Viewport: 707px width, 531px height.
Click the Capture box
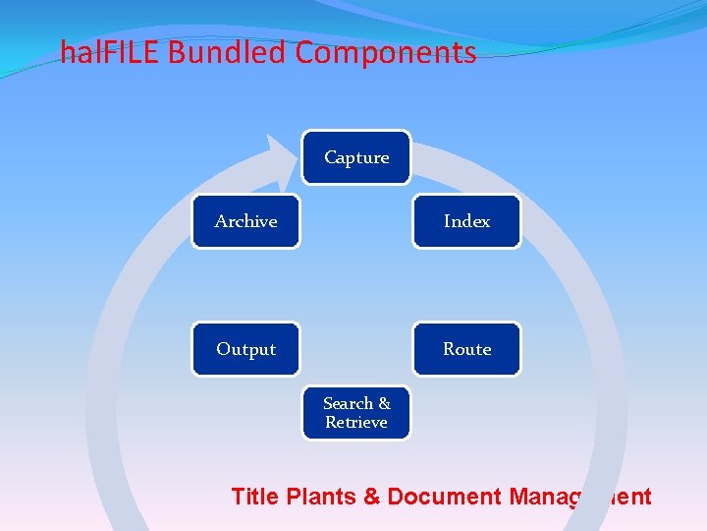[356, 157]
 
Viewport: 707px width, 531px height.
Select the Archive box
[245, 221]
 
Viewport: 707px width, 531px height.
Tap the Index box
[466, 221]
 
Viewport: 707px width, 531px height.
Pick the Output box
[245, 349]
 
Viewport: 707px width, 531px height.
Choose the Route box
[466, 349]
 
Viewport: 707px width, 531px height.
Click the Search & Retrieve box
[356, 413]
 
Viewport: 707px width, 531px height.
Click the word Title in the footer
[255, 497]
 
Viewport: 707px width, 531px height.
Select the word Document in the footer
[445, 497]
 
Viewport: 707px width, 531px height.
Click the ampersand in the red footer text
[372, 497]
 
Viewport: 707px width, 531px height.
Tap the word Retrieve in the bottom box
[356, 423]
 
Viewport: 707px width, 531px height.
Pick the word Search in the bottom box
[349, 403]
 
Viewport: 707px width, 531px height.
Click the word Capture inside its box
[356, 157]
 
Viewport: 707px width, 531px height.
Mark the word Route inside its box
[466, 349]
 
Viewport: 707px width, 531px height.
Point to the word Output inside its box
[245, 349]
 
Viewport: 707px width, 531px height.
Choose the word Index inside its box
[466, 221]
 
